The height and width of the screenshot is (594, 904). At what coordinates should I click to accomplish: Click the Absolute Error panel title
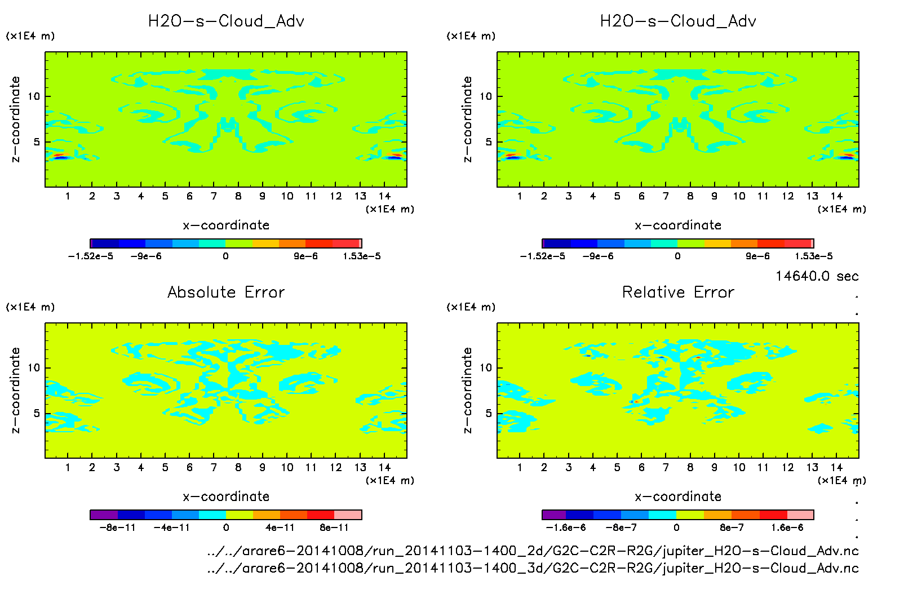click(226, 292)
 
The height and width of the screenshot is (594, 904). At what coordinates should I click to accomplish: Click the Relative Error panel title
click(678, 292)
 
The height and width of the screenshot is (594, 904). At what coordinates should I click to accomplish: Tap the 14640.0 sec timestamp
click(817, 276)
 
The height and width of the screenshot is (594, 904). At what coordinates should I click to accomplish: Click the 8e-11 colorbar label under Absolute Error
click(334, 527)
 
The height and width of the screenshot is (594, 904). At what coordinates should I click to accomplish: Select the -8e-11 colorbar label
click(117, 527)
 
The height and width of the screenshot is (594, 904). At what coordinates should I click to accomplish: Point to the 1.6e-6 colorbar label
click(787, 527)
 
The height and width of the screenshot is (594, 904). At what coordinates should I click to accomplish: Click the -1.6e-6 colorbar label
click(566, 527)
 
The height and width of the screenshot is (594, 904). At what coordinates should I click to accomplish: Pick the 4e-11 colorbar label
click(280, 527)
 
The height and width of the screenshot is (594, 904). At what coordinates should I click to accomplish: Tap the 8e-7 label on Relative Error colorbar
click(732, 527)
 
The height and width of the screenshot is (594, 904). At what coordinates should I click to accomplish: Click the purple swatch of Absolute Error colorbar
click(104, 515)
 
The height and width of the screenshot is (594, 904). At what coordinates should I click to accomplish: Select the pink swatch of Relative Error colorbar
click(800, 515)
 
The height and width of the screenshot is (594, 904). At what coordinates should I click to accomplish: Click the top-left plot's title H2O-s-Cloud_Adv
click(226, 21)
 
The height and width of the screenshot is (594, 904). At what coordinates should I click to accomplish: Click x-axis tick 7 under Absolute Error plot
click(214, 467)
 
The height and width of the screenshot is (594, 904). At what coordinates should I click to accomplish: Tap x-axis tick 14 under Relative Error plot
click(836, 467)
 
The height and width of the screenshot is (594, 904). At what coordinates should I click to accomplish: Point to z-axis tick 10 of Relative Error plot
click(486, 368)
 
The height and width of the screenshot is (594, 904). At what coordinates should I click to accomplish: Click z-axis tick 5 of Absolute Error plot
click(37, 414)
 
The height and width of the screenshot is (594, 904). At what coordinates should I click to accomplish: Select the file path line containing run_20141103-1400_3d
click(533, 568)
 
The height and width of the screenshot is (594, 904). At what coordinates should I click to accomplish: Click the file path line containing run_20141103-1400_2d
click(533, 551)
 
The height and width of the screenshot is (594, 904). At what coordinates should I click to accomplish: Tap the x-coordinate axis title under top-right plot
click(678, 225)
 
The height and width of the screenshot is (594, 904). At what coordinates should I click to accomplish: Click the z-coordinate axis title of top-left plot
click(15, 119)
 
